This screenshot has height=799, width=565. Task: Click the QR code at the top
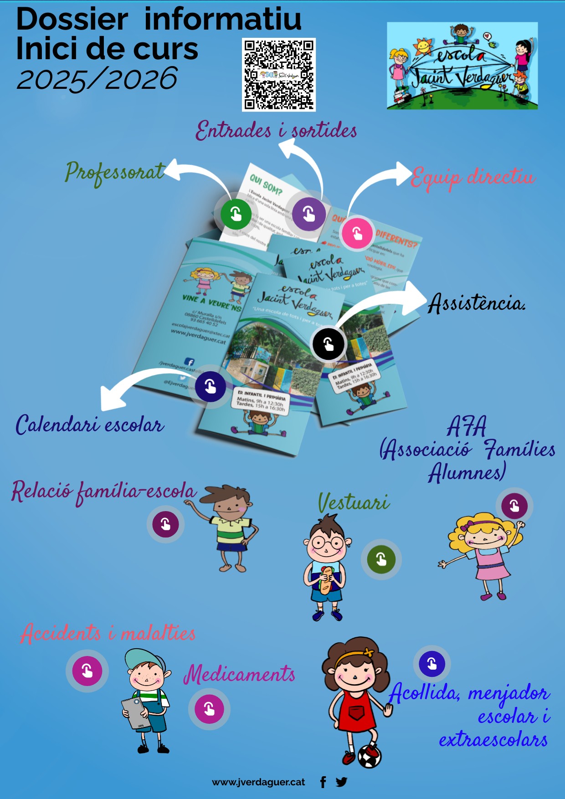[278, 75]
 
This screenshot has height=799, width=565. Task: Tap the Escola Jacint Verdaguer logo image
[462, 66]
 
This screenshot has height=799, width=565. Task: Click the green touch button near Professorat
[236, 214]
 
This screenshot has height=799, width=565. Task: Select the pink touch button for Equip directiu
[357, 233]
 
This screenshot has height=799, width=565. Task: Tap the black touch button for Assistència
[328, 343]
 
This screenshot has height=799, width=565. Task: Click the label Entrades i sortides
[276, 131]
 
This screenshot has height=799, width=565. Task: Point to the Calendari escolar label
[90, 425]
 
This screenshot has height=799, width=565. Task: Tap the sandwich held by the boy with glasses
[326, 579]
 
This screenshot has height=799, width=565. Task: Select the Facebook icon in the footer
[323, 782]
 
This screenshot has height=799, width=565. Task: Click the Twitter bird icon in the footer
[341, 782]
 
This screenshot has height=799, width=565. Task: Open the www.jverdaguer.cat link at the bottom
[258, 782]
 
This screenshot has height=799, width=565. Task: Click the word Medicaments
[239, 674]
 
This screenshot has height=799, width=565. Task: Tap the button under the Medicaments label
[209, 709]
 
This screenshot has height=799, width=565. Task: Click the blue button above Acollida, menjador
[431, 664]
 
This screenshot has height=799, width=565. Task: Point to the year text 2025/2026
[97, 79]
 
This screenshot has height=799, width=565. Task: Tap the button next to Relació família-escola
[165, 524]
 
